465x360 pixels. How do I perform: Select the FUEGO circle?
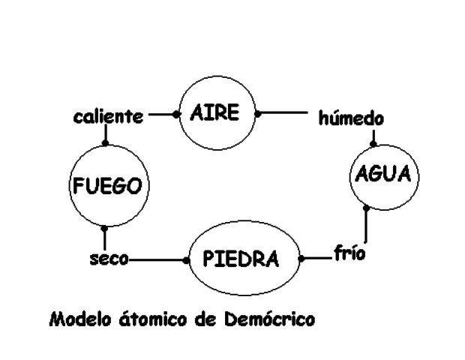click(x=105, y=184)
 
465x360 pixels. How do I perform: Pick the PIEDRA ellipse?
click(x=241, y=260)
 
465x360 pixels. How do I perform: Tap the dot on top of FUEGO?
click(x=105, y=143)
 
